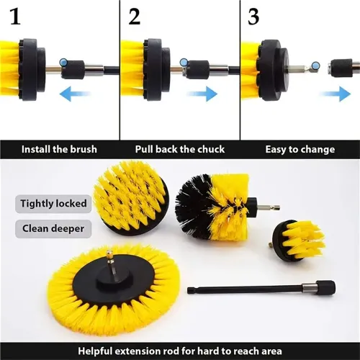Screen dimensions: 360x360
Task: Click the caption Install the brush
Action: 59,150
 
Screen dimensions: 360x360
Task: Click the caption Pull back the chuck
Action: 179,150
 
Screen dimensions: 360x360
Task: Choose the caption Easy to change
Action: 300,150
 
